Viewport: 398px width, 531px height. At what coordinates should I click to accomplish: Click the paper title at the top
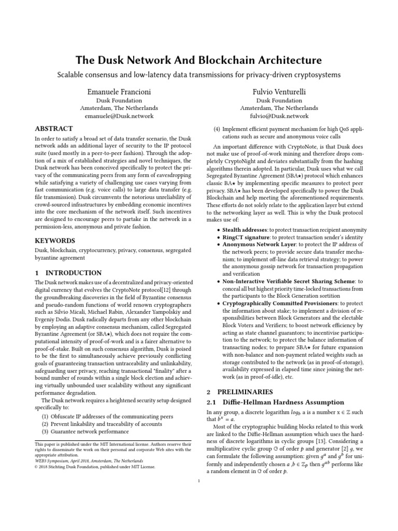[x=199, y=60]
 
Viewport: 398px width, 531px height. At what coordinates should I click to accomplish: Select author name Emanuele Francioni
[x=119, y=91]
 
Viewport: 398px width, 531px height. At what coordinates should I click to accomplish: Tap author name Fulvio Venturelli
[x=278, y=91]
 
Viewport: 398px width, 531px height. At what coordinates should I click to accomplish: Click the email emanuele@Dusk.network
[x=119, y=117]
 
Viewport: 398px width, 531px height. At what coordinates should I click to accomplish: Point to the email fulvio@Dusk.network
[x=278, y=117]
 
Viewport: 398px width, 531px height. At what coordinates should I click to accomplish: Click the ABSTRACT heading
[x=53, y=129]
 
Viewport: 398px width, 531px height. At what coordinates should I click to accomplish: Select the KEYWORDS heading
[x=54, y=241]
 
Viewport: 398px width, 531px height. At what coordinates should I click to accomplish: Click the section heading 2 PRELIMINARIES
[x=239, y=392]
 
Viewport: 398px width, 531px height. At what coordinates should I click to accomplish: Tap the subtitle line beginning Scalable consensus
[x=199, y=75]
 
